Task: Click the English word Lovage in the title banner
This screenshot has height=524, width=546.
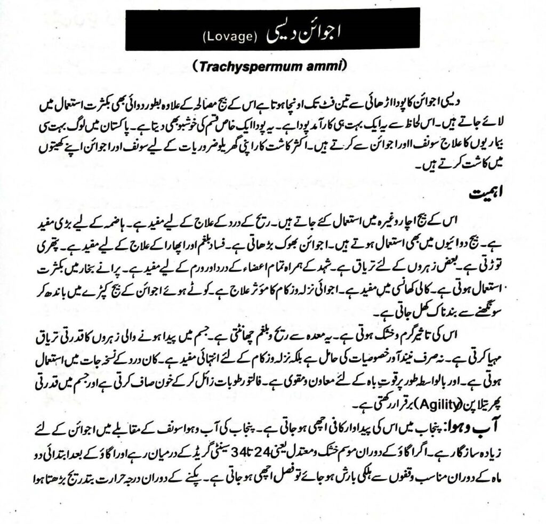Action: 230,37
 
